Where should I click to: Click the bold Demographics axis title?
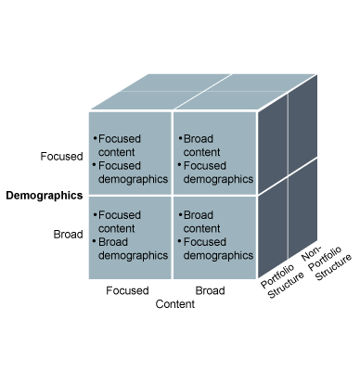[x=45, y=196]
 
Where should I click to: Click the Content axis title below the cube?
[x=175, y=304]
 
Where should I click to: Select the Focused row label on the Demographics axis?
[x=61, y=157]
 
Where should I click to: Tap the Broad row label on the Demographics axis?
[x=68, y=235]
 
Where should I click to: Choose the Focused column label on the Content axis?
[x=127, y=290]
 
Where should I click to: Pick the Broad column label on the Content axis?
[x=210, y=290]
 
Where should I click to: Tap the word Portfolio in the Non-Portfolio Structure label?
[x=326, y=258]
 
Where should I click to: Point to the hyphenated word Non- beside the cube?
[x=312, y=253]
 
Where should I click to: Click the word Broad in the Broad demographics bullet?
[x=113, y=242]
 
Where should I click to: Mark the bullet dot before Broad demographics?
[x=94, y=241]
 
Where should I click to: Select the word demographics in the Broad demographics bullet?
[x=133, y=256]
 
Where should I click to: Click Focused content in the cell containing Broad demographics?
[x=120, y=222]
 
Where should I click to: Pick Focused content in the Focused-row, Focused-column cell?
[x=120, y=146]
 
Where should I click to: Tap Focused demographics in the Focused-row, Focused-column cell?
[x=133, y=173]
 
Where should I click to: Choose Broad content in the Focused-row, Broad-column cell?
[x=201, y=146]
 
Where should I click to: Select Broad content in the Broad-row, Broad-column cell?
[x=201, y=222]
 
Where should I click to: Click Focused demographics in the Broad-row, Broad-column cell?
[x=218, y=249]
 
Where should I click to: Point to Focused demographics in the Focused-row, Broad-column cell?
[x=218, y=173]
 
